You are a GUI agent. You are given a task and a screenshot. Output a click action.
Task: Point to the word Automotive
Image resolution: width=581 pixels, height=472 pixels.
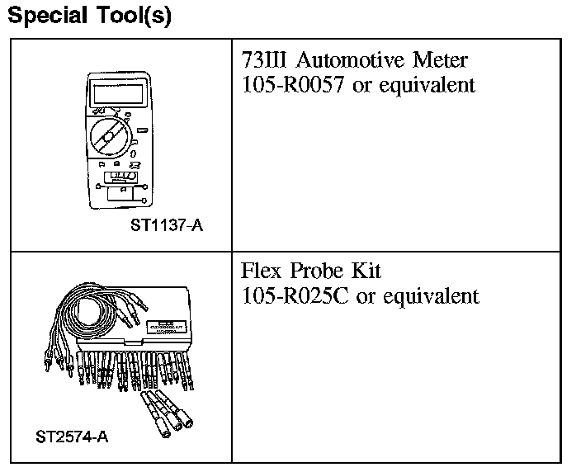(x=352, y=60)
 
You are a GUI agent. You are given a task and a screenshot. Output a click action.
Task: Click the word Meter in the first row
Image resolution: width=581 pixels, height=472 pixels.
(x=443, y=60)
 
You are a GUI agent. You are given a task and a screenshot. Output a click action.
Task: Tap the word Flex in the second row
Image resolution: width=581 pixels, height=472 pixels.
(x=261, y=271)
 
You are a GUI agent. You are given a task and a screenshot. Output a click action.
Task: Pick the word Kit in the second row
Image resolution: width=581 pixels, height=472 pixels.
(x=366, y=271)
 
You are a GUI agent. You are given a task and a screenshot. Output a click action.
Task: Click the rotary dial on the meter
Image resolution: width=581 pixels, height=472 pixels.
(x=111, y=134)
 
